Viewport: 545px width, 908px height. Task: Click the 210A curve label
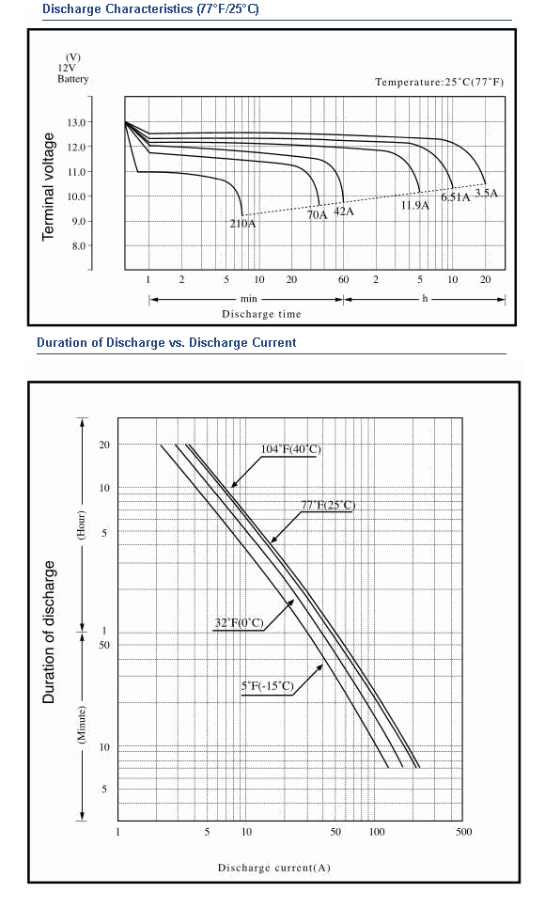(242, 224)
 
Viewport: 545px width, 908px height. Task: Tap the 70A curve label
(317, 215)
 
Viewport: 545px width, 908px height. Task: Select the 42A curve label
(344, 211)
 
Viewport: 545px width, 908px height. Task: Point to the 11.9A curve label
(415, 205)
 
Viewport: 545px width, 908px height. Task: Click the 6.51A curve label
(455, 196)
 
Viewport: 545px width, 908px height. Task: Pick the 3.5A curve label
(486, 193)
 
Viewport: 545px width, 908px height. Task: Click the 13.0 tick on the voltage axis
(76, 122)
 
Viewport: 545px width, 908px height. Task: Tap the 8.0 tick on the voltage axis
(78, 245)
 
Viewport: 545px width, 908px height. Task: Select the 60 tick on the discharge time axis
(344, 280)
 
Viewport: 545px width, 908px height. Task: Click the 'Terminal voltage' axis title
(48, 186)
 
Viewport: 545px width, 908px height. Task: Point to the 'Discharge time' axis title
(261, 314)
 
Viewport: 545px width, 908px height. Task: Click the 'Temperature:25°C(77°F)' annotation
(440, 82)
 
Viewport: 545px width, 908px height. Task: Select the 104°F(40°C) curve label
(290, 449)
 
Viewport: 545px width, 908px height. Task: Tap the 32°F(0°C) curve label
(240, 623)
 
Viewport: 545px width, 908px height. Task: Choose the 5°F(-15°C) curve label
(268, 686)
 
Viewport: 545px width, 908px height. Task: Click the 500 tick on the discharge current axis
(464, 832)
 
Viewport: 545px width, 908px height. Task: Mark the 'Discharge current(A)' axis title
(274, 868)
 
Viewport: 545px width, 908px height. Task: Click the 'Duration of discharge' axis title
(49, 632)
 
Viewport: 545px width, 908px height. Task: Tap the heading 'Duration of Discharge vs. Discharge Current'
(166, 342)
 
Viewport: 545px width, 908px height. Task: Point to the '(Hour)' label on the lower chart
(82, 524)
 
